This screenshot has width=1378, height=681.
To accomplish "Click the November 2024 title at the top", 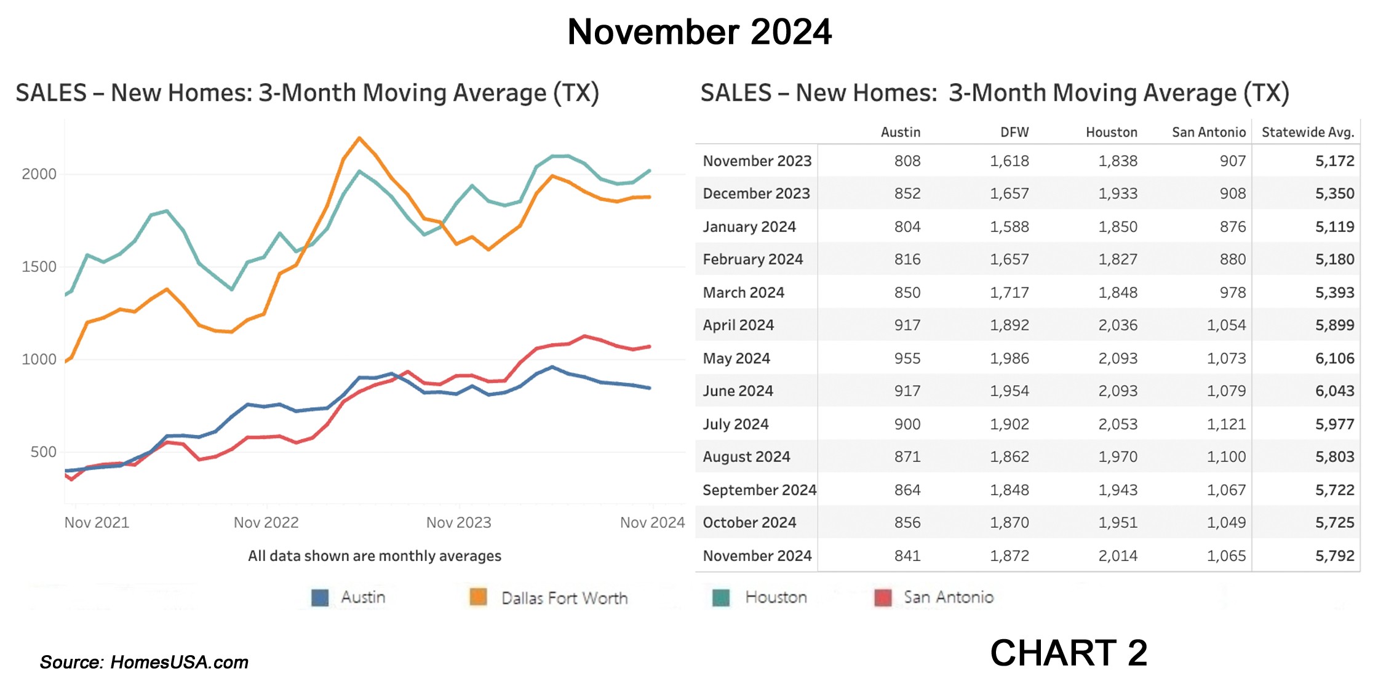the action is coord(699,32).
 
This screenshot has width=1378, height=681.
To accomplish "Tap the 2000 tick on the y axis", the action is coord(39,174).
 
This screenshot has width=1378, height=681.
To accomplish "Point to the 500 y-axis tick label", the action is coord(43,452).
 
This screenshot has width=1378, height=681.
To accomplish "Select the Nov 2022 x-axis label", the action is coord(266,523).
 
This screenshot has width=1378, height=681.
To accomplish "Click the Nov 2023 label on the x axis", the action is coord(459,523).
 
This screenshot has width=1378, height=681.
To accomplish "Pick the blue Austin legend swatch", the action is coord(320,597).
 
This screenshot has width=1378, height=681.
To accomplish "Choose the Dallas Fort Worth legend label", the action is coord(565,598).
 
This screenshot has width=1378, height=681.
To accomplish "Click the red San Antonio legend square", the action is coord(883,597).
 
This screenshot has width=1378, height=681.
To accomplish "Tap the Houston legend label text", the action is coord(776,597).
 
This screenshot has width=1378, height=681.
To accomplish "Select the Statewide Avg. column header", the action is coord(1308,132).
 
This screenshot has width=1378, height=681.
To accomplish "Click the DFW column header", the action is coord(1014,132).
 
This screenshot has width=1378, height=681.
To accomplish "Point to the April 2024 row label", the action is coord(738,325).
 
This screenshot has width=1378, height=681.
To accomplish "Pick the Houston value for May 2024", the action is coord(1118,358).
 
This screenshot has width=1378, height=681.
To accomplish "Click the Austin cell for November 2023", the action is coord(907,161).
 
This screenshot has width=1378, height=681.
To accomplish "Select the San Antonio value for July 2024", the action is coord(1226,424).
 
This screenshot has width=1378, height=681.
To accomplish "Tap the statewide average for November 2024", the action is coord(1335,556).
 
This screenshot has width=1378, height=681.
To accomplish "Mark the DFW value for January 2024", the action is coord(1010,227).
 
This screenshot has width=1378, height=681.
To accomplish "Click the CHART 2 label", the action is coord(1069,653).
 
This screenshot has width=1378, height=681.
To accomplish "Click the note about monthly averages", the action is coord(375,556).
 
